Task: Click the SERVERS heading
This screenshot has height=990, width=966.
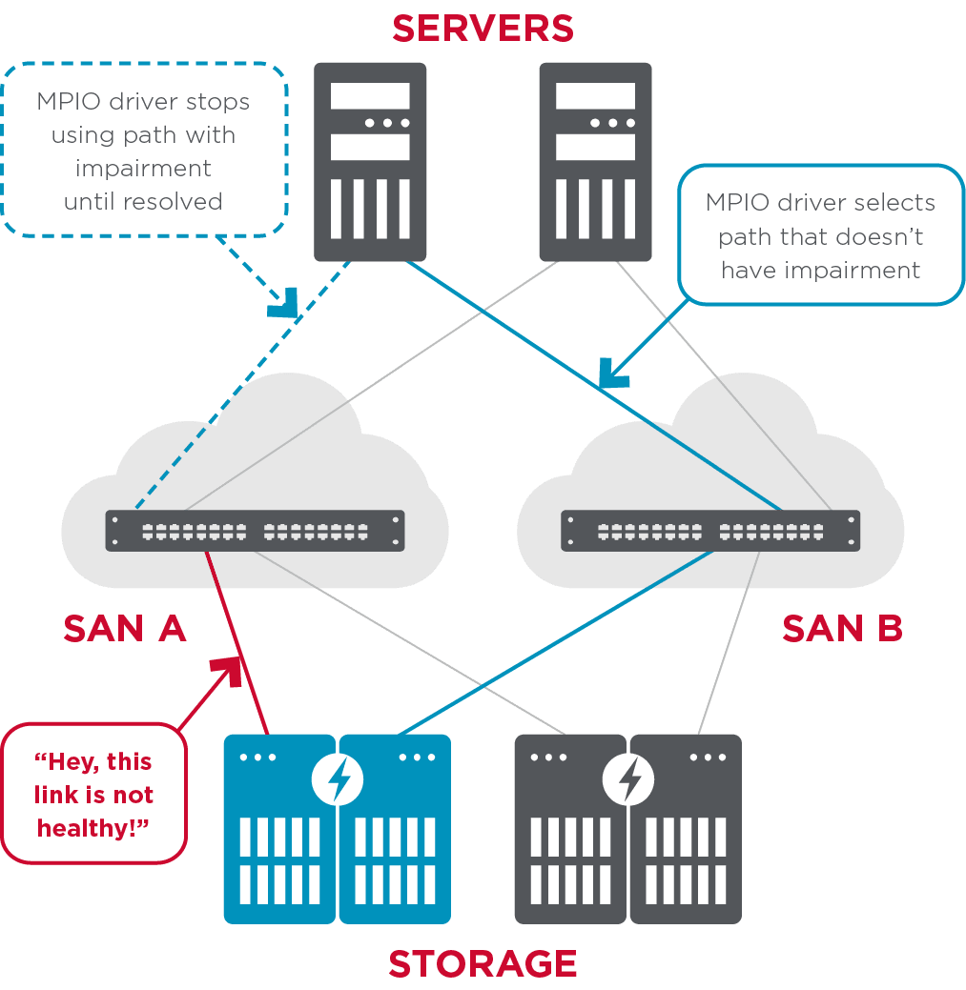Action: click(x=483, y=29)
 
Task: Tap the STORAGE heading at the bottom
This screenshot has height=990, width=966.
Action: click(x=483, y=963)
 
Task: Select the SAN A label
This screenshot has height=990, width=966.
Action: click(x=124, y=629)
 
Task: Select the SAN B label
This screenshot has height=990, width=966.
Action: click(x=842, y=629)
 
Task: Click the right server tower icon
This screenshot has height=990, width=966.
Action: click(x=595, y=161)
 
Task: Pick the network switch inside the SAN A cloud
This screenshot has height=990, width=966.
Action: click(x=255, y=531)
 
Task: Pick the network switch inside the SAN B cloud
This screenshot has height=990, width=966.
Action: click(x=710, y=531)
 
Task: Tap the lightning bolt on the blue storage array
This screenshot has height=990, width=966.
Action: click(x=338, y=779)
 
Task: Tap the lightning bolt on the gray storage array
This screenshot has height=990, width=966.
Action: click(x=628, y=779)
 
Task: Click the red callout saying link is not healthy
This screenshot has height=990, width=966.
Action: click(x=94, y=794)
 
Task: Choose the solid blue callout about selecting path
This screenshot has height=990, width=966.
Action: click(x=820, y=235)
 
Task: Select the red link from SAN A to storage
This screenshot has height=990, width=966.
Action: click(x=236, y=642)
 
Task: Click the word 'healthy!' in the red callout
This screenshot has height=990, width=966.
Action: click(x=94, y=827)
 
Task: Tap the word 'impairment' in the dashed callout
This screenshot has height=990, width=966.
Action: click(x=143, y=168)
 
